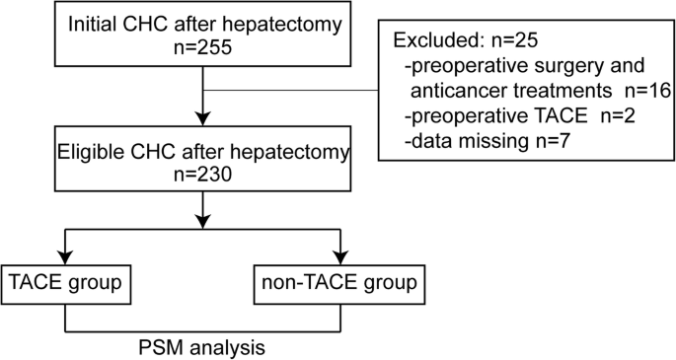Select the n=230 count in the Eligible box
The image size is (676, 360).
[x=201, y=174]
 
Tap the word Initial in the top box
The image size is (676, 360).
[x=94, y=22]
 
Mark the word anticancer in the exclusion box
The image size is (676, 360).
[x=462, y=91]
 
